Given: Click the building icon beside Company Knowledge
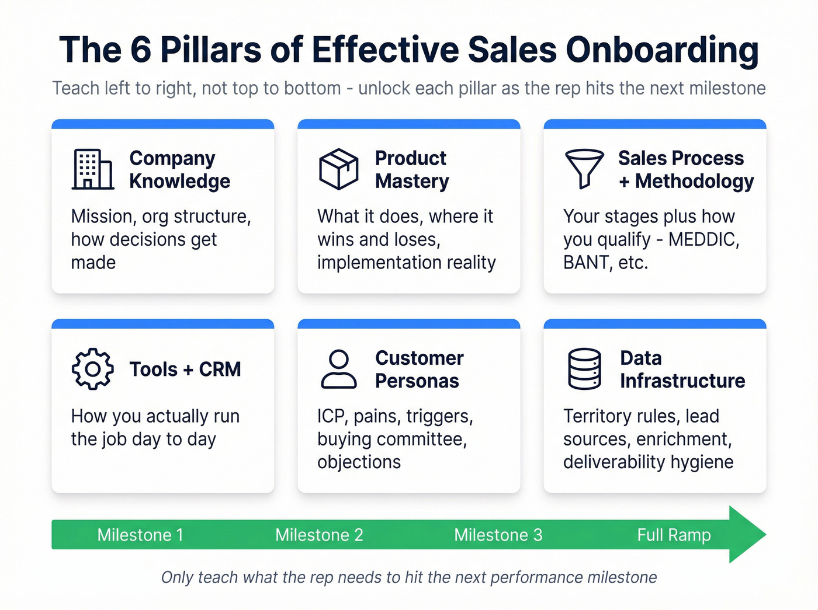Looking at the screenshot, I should coord(92,169).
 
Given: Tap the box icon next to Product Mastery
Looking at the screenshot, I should coord(338,169).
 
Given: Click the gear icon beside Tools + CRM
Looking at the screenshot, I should coord(92,369).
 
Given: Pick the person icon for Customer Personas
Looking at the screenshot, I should coord(338,369).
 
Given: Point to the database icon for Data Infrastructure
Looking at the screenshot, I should coord(584,369).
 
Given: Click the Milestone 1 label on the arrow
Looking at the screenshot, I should coord(140,535).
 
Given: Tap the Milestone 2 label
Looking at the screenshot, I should coord(319,535).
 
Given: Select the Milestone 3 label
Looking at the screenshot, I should coord(498,535).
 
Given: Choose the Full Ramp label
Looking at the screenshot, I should coord(674,535).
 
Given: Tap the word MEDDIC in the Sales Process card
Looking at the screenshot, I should coord(703,239).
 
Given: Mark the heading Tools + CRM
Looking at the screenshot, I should coord(185,369).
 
